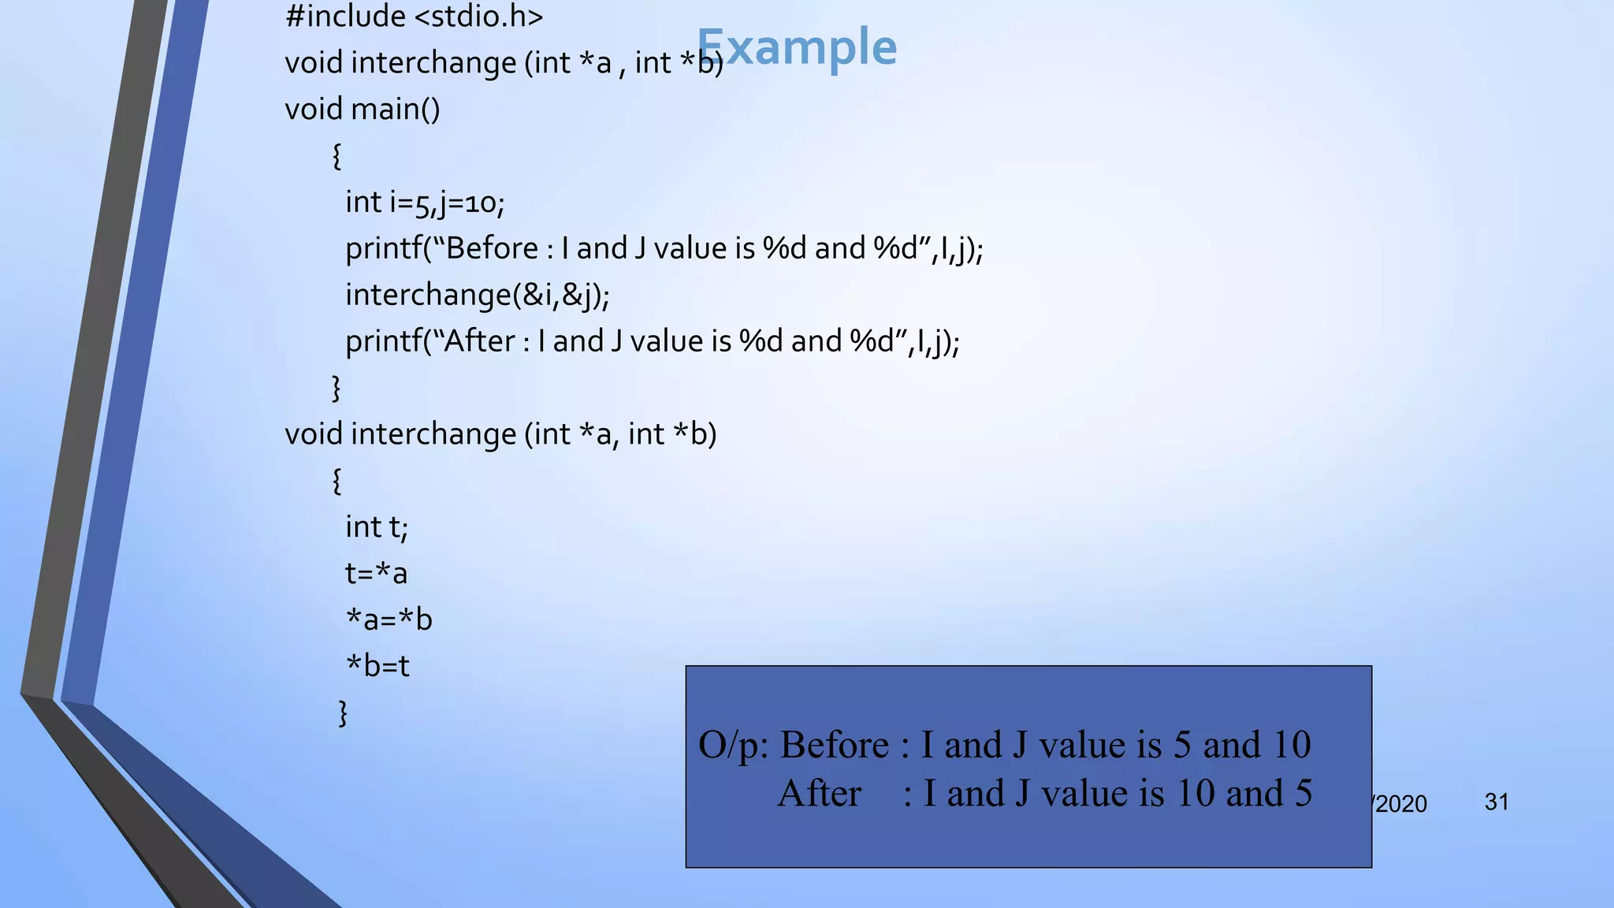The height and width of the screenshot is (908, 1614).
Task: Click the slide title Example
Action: coord(797,47)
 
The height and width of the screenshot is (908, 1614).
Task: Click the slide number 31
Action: coord(1497,802)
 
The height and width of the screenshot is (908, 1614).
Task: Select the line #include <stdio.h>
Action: coord(414,17)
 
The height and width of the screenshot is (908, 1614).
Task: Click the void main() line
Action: coord(362,109)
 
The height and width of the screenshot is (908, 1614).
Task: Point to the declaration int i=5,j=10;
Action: coord(424,203)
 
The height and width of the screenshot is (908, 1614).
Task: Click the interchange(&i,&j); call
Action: coord(477,295)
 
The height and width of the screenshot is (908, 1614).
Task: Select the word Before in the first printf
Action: coord(492,248)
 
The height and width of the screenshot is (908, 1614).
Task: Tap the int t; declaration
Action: coord(376,527)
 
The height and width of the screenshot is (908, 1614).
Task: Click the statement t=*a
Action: coord(376,573)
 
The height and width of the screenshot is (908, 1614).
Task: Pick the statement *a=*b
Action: coord(389,620)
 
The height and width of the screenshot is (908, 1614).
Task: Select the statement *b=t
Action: coord(377,666)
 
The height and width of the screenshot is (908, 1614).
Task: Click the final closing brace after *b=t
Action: coord(343,713)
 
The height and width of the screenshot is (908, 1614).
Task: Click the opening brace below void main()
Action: coord(337,155)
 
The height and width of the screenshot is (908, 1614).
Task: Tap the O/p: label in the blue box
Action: coord(733,745)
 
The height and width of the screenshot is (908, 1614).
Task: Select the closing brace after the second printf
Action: coord(337,388)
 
